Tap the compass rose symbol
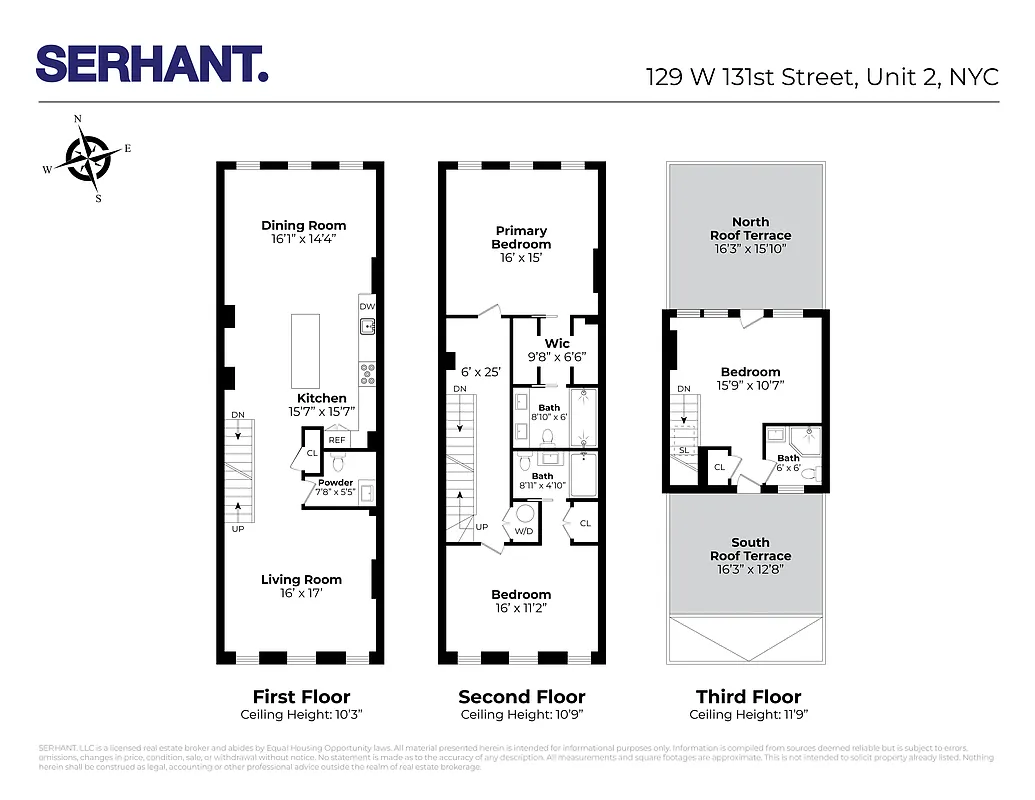[88, 158]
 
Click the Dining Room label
[303, 226]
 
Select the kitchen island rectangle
[306, 350]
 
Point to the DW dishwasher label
[366, 306]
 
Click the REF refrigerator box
[338, 439]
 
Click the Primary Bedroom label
[521, 238]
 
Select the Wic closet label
[557, 343]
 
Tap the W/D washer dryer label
[522, 531]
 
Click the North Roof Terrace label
[750, 229]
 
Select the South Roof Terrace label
[750, 549]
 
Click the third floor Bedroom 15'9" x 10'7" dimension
[750, 386]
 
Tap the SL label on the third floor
[682, 450]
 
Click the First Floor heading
[301, 696]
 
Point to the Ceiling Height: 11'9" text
[749, 715]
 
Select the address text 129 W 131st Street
[749, 78]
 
